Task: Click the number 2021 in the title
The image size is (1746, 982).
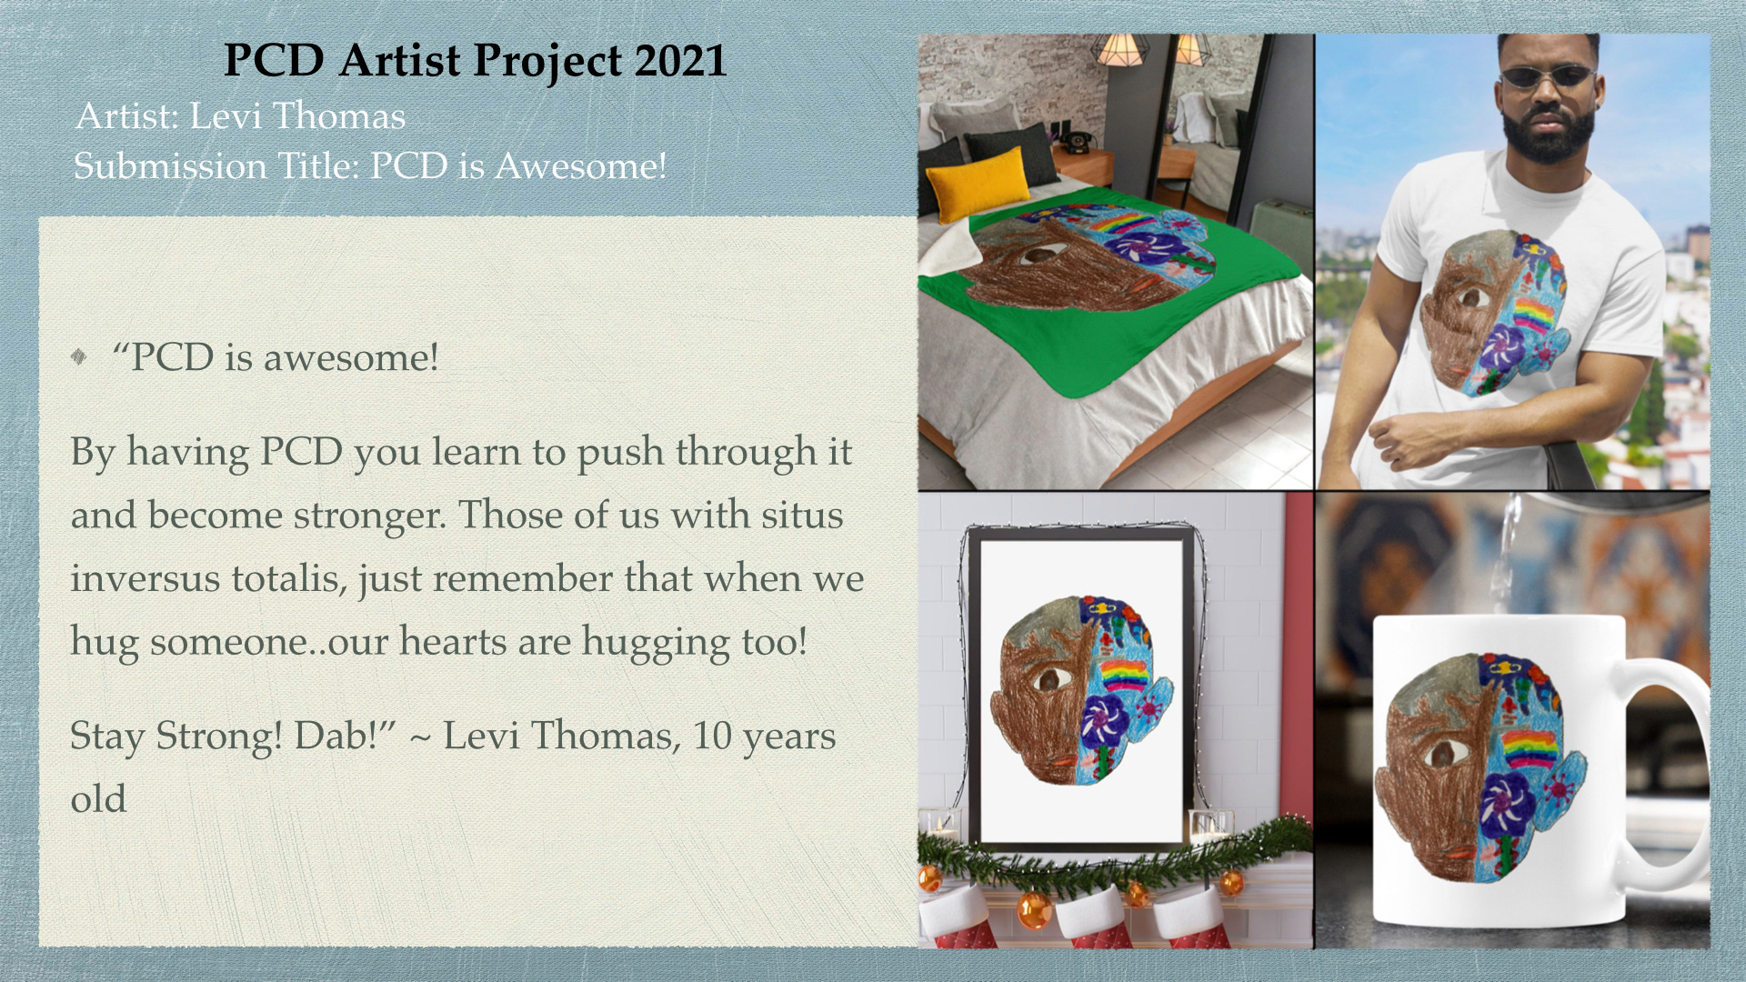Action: tap(680, 61)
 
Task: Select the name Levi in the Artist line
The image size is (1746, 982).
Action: tap(226, 116)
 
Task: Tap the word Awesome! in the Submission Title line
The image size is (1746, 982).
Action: tap(581, 166)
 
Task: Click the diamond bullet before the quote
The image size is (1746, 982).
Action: tap(79, 356)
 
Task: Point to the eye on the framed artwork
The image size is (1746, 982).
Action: tap(1052, 678)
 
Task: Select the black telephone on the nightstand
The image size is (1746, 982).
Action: tap(1078, 143)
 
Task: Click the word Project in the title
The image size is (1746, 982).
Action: tap(547, 62)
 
